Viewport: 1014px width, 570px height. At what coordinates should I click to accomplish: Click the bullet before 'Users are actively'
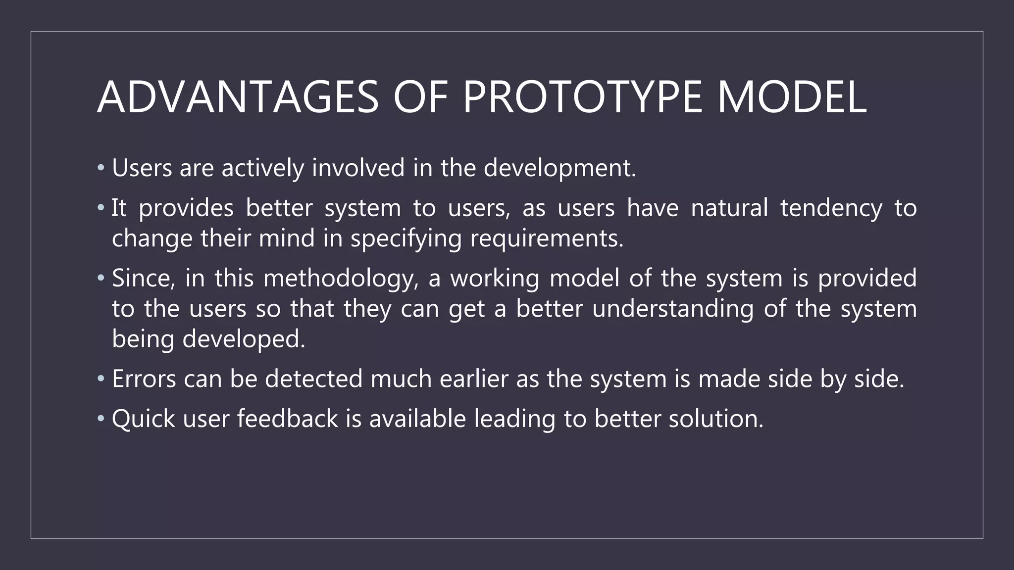101,168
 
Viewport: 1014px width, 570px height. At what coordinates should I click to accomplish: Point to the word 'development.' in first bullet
559,169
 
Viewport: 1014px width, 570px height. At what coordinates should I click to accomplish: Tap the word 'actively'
262,168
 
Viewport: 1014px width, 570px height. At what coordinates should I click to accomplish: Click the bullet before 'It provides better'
101,208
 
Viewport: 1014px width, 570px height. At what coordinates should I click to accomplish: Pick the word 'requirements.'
547,239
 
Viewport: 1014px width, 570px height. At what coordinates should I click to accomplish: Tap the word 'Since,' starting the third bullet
144,279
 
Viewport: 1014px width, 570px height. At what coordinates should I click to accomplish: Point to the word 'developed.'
244,340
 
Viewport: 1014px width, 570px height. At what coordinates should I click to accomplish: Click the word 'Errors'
144,379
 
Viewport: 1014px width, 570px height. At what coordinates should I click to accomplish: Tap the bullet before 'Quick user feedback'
101,419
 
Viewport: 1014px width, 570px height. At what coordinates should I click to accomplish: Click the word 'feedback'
287,419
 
